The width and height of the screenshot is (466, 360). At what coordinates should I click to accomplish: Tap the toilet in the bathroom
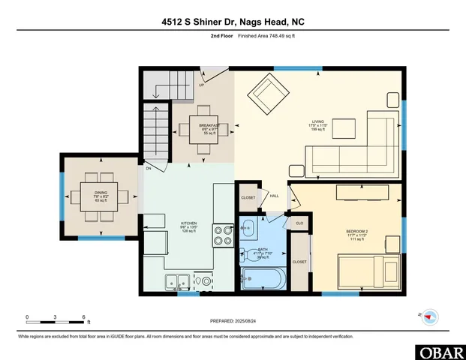254,256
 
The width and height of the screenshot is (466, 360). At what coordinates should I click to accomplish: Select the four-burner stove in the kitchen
224,235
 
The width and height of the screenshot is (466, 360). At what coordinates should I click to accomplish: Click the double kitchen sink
177,283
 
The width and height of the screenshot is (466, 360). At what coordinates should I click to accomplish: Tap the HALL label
275,196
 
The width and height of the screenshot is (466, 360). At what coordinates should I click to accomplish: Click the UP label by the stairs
202,85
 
